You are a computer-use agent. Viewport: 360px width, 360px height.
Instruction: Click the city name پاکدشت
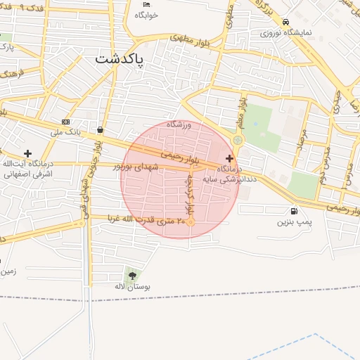pyautogui.click(x=119, y=60)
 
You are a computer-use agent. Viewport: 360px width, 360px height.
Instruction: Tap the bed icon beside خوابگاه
pyautogui.click(x=146, y=4)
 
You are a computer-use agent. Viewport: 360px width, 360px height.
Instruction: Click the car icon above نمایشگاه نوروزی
pyautogui.click(x=285, y=22)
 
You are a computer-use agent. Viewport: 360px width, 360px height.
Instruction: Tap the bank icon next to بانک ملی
pyautogui.click(x=65, y=122)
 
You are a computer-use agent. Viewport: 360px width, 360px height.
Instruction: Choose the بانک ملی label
pyautogui.click(x=69, y=131)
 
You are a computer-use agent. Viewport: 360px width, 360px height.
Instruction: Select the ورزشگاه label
pyautogui.click(x=179, y=124)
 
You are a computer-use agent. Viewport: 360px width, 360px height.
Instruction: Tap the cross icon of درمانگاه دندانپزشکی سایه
pyautogui.click(x=229, y=158)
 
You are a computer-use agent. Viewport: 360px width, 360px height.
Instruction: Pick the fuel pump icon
pyautogui.click(x=293, y=211)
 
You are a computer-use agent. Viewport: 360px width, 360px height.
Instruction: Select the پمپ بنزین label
pyautogui.click(x=293, y=222)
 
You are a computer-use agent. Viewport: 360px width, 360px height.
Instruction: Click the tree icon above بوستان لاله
pyautogui.click(x=132, y=276)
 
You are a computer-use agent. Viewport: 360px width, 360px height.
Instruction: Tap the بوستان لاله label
pyautogui.click(x=133, y=287)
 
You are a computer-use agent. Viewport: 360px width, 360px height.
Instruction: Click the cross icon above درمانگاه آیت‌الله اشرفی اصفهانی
pyautogui.click(x=27, y=153)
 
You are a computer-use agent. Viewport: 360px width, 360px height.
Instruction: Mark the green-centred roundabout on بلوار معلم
pyautogui.click(x=238, y=141)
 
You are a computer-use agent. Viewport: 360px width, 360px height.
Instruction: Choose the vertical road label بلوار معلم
pyautogui.click(x=242, y=113)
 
